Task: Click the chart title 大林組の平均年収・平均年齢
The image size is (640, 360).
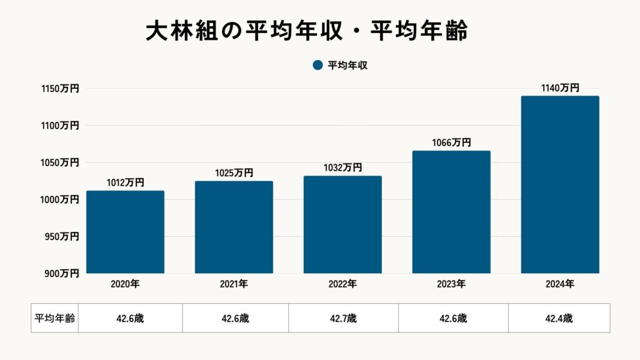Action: click(x=306, y=31)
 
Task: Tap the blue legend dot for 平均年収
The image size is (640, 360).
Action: click(x=317, y=65)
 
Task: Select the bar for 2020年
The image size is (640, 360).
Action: click(x=125, y=232)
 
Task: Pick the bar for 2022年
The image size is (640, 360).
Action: click(x=342, y=224)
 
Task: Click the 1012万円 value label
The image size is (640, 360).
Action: click(x=125, y=182)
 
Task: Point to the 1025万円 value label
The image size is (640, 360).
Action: click(x=234, y=173)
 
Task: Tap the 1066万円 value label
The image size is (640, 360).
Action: click(x=451, y=142)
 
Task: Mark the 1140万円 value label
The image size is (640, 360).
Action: click(x=560, y=88)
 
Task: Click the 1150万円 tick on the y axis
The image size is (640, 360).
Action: click(x=60, y=89)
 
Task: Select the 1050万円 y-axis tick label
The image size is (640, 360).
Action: click(x=60, y=162)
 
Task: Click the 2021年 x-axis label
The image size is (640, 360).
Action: click(x=234, y=284)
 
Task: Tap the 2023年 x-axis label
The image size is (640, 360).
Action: click(x=451, y=284)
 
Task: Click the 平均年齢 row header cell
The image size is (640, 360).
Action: click(x=54, y=318)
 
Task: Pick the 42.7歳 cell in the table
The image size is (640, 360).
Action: click(x=343, y=318)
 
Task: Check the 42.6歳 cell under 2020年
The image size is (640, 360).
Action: click(x=130, y=318)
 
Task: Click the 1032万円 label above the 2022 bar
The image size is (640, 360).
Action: click(x=342, y=167)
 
